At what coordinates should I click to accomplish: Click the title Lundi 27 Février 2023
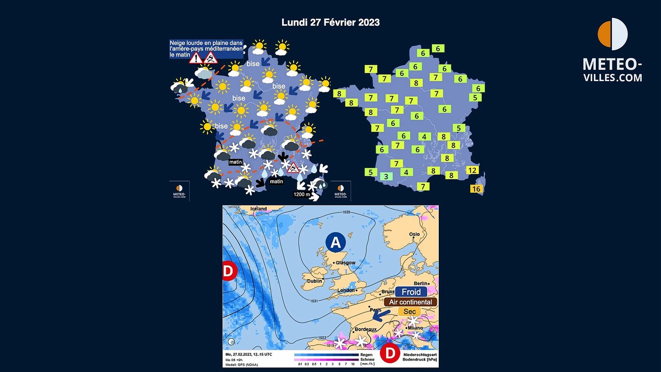click(x=330, y=22)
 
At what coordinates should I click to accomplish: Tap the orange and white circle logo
click(x=612, y=34)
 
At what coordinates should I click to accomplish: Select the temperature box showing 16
click(x=476, y=189)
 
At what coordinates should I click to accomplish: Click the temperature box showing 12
click(x=472, y=170)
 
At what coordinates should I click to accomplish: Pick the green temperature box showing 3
click(x=387, y=176)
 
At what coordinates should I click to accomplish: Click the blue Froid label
click(x=411, y=292)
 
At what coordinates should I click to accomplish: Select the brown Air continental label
click(x=410, y=302)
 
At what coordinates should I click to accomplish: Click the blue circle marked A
click(x=335, y=242)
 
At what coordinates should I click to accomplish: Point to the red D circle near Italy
click(x=390, y=354)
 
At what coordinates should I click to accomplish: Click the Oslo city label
click(x=414, y=234)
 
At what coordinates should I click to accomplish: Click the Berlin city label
click(x=421, y=284)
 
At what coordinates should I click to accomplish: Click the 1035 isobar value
click(x=346, y=212)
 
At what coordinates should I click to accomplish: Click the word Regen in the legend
click(x=366, y=355)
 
